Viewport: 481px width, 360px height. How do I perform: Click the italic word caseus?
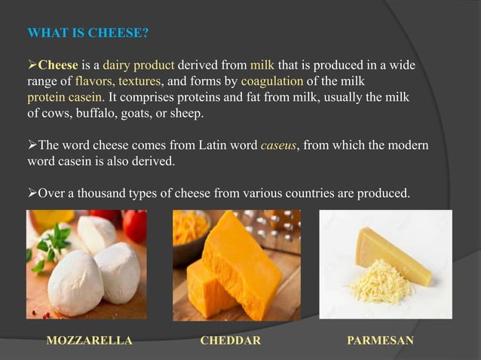278,148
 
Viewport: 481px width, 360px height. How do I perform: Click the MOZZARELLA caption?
90,340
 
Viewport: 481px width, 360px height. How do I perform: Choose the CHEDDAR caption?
230,340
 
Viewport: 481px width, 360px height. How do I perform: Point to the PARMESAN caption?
380,340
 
